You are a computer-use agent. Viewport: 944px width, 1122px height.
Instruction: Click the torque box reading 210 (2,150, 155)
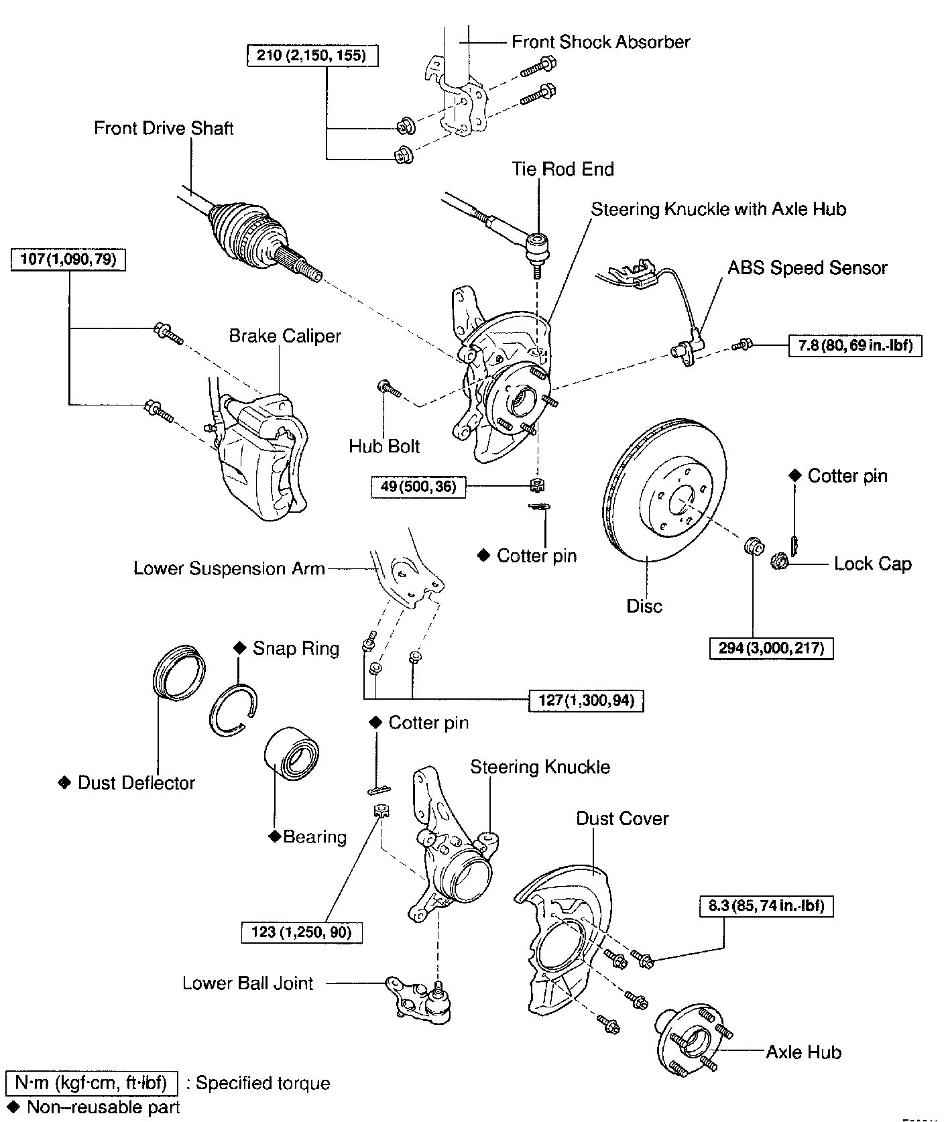pos(312,55)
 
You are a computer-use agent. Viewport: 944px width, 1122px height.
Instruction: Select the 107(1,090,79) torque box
pos(68,259)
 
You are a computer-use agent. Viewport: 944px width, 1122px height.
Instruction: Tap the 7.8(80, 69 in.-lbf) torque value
pos(855,346)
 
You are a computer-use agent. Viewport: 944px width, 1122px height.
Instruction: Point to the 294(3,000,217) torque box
pos(771,648)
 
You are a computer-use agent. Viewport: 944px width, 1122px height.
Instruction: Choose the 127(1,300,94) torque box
pos(586,700)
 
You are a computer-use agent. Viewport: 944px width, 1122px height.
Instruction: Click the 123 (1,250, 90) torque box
pos(302,932)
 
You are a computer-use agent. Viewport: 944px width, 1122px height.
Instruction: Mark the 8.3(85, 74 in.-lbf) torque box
pos(766,906)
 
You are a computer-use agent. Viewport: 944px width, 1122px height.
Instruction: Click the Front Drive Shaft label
pos(164,128)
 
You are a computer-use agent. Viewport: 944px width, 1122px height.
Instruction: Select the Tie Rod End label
pos(563,169)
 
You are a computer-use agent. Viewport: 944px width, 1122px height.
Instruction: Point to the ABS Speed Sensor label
pos(807,268)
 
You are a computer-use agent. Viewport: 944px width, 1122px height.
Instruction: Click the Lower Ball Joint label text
pos(248,983)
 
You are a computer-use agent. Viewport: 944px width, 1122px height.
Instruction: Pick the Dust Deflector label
pos(136,783)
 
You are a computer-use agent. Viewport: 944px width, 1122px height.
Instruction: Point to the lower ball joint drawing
pos(421,1001)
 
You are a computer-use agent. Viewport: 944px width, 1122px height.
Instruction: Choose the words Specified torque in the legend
pos(263,1083)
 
